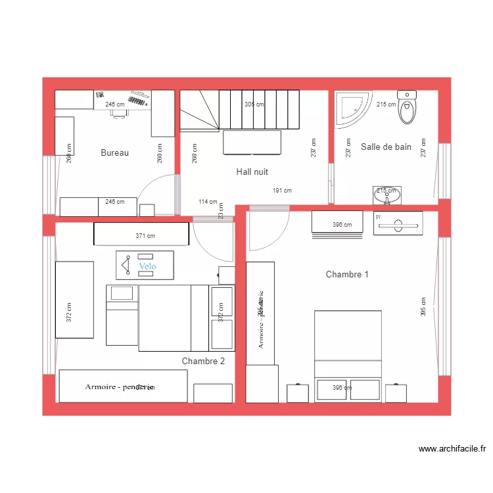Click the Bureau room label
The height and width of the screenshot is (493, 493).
114,153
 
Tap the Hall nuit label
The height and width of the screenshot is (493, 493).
252,172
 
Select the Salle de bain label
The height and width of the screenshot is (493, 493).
386,147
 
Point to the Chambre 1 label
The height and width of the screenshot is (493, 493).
347,274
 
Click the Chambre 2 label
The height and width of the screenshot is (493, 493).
203,361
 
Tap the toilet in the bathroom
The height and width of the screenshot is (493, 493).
408,108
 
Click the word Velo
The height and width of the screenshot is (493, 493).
148,266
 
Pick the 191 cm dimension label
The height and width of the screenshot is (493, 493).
282,191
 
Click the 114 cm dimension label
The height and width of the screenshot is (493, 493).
208,202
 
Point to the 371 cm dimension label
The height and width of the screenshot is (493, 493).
145,235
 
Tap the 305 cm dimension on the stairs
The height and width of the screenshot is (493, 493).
254,105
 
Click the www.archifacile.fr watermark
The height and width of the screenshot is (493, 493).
452,450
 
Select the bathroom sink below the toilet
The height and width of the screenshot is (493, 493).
387,195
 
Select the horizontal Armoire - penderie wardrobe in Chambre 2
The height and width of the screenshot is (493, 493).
123,386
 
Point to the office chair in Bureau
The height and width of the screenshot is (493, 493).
119,112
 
